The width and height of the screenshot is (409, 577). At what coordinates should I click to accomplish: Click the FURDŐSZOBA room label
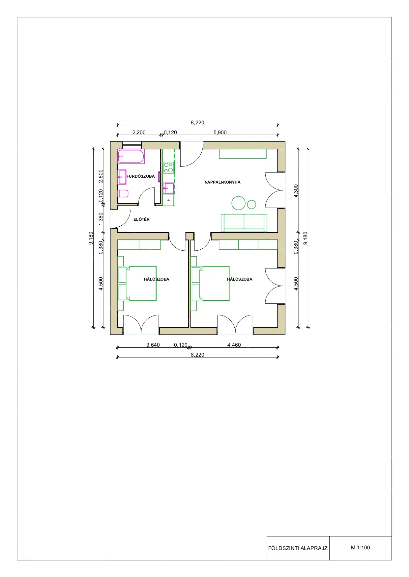point(141,176)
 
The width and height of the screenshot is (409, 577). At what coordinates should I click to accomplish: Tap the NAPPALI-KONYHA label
point(222,182)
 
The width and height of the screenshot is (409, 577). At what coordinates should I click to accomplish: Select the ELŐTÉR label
point(141,219)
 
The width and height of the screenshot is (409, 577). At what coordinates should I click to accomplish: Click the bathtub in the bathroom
point(131,156)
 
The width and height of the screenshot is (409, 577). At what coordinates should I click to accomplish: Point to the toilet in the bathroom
point(123,193)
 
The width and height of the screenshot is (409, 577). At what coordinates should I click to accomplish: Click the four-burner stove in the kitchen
point(168,167)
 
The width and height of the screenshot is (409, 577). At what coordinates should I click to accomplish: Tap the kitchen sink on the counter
point(168,188)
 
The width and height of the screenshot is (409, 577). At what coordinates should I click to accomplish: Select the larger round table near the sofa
point(239,203)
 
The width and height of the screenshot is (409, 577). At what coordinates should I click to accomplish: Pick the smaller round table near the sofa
point(251,204)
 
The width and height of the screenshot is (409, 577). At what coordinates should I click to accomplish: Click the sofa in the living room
point(244,223)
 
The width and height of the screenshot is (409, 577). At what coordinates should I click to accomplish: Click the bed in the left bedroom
point(137,284)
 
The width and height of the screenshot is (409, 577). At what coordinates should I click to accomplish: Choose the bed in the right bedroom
point(211,284)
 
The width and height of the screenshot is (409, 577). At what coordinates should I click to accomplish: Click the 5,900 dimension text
point(220,133)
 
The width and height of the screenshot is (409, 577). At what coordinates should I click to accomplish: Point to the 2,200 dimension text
point(139,133)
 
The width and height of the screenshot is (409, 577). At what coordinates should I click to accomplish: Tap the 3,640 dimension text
point(153,345)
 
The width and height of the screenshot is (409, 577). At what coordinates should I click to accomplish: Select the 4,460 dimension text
point(234,345)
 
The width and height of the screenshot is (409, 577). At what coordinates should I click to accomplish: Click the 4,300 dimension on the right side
point(296,191)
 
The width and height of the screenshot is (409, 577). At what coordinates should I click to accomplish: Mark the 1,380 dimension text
point(101,219)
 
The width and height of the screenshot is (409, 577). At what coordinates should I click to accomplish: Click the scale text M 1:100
point(361,548)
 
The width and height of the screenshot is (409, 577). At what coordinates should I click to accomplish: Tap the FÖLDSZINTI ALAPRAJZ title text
point(298,548)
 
